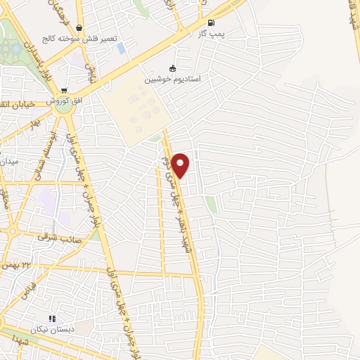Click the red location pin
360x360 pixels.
(x=181, y=165)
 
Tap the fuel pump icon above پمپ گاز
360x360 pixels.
(x=212, y=22)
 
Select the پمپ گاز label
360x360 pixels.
(x=212, y=34)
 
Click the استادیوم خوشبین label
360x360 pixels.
(x=173, y=79)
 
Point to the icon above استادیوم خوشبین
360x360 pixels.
(x=173, y=68)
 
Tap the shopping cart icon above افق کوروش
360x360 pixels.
(x=64, y=90)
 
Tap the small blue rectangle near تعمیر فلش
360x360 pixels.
(x=121, y=49)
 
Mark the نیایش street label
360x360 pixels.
(x=90, y=68)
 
